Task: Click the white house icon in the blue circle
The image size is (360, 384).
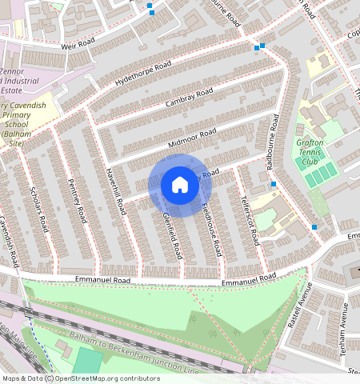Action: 180,186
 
